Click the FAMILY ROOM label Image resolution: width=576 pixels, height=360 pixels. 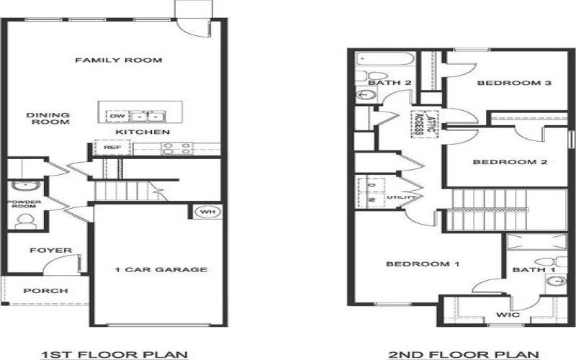tap(118, 60)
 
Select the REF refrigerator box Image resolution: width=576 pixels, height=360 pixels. tap(112, 147)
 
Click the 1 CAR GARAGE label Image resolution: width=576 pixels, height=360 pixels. tap(161, 270)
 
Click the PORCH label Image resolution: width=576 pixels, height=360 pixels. tap(45, 291)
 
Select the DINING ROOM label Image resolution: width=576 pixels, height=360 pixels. tap(48, 118)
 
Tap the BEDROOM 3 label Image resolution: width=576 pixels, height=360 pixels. tap(504, 84)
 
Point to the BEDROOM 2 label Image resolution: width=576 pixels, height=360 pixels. tap(510, 162)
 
